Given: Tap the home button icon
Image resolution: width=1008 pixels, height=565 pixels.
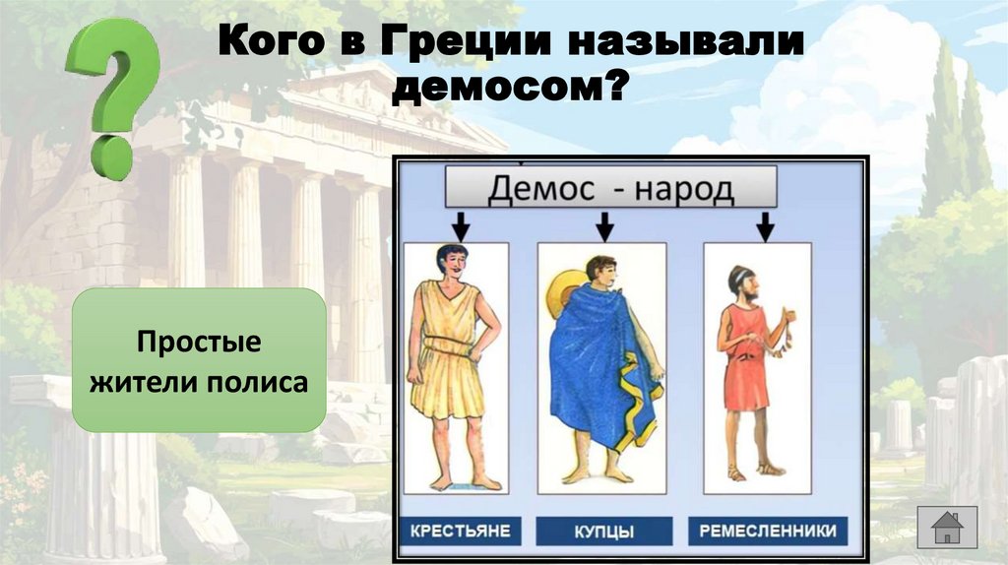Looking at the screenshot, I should tap(946, 527).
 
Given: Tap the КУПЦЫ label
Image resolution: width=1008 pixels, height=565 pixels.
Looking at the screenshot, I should tap(603, 533).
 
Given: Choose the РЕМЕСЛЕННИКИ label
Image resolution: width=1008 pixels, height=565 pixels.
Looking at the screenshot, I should tap(768, 532).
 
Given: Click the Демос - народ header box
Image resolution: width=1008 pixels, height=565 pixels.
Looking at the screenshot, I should tap(610, 187).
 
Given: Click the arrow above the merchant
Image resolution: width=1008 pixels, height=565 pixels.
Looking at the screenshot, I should tap(605, 227).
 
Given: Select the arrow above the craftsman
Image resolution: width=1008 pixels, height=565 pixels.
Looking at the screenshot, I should tap(764, 227).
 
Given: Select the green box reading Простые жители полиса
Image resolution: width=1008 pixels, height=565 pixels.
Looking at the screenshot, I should tap(200, 361).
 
